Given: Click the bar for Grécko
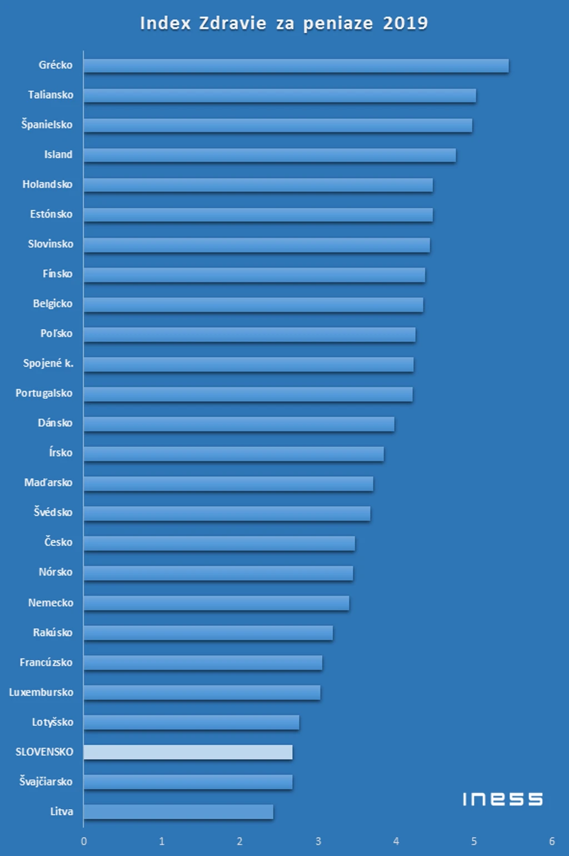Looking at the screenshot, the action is pyautogui.click(x=296, y=65).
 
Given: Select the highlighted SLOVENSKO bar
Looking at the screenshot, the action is pyautogui.click(x=188, y=751).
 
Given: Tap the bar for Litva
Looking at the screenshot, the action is pyautogui.click(x=179, y=812).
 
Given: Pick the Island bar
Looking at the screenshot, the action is pyautogui.click(x=270, y=155).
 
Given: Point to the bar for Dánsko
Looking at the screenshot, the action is pyautogui.click(x=239, y=423).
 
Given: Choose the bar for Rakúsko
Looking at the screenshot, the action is pyautogui.click(x=208, y=632).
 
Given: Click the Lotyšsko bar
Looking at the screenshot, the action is pyautogui.click(x=192, y=722).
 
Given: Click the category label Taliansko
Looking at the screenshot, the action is pyautogui.click(x=51, y=95).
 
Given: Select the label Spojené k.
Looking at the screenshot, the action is pyautogui.click(x=48, y=363).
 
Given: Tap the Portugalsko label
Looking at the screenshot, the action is pyautogui.click(x=44, y=393).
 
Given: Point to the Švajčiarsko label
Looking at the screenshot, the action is pyautogui.click(x=46, y=782).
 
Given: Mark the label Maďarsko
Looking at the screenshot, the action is pyautogui.click(x=48, y=483).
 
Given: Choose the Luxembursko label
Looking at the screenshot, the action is pyautogui.click(x=41, y=692).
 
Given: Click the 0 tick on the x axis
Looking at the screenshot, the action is pyautogui.click(x=84, y=841).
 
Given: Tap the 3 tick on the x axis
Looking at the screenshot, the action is pyautogui.click(x=318, y=841).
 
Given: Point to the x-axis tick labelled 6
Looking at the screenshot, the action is pyautogui.click(x=552, y=841).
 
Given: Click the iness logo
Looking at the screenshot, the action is pyautogui.click(x=502, y=799).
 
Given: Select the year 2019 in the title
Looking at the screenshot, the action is pyautogui.click(x=405, y=23).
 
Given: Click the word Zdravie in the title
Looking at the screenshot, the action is pyautogui.click(x=232, y=23).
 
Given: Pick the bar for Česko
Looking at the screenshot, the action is pyautogui.click(x=219, y=543).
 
